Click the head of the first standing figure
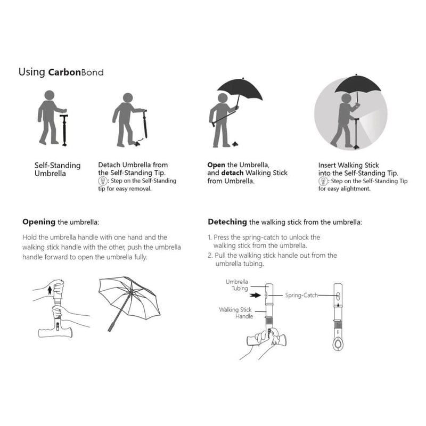pyautogui.click(x=49, y=96)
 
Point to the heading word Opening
pyautogui.click(x=39, y=222)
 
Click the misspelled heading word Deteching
pyautogui.click(x=227, y=222)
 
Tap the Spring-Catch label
pyautogui.click(x=301, y=294)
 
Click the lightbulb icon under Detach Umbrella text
pyautogui.click(x=102, y=181)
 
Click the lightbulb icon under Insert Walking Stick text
pyautogui.click(x=322, y=181)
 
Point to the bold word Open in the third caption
pyautogui.click(x=216, y=165)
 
